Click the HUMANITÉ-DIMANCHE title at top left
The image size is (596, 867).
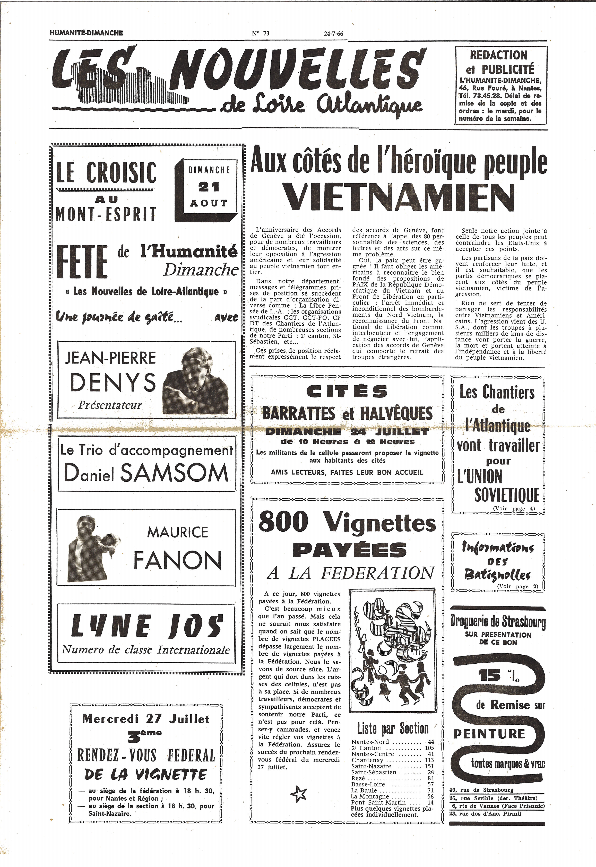[86, 33]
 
